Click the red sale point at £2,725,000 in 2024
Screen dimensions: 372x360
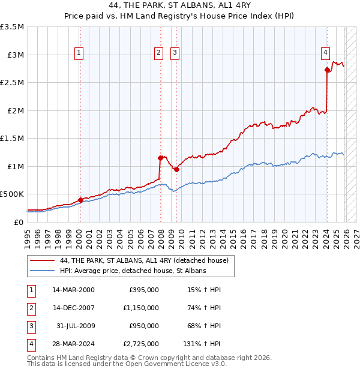pyautogui.click(x=327, y=70)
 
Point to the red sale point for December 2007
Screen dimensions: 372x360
pyautogui.click(x=160, y=158)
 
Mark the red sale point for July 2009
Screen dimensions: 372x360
pyautogui.click(x=176, y=169)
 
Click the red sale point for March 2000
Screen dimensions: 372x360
pyautogui.click(x=80, y=200)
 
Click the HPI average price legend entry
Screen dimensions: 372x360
pyautogui.click(x=133, y=271)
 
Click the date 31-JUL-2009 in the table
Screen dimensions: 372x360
pyautogui.click(x=76, y=325)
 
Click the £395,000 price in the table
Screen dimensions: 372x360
pyautogui.click(x=144, y=290)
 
